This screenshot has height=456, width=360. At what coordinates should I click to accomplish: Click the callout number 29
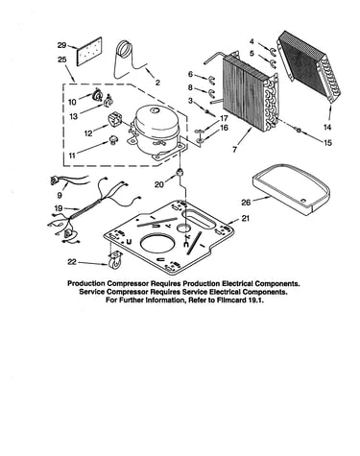click(x=61, y=45)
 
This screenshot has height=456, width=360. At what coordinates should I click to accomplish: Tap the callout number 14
click(x=326, y=127)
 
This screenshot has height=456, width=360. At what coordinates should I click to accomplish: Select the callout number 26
click(x=246, y=203)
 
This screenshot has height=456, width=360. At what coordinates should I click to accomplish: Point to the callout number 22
click(x=72, y=262)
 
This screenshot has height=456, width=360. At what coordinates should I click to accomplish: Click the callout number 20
click(x=159, y=184)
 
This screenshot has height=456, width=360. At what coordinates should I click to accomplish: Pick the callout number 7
click(x=234, y=150)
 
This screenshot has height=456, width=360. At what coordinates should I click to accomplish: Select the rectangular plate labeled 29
click(x=89, y=51)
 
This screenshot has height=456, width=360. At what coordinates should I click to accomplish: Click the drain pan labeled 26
click(x=291, y=189)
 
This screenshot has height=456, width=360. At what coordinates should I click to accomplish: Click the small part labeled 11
click(x=113, y=140)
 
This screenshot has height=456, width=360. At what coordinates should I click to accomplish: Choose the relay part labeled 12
click(x=114, y=120)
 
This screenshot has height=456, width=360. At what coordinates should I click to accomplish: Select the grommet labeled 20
click(x=180, y=172)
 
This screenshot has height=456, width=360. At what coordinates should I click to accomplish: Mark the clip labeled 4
click(x=273, y=51)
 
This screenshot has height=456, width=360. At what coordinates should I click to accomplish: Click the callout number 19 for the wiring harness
click(x=59, y=208)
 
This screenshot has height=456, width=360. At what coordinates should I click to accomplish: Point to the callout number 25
click(x=62, y=60)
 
